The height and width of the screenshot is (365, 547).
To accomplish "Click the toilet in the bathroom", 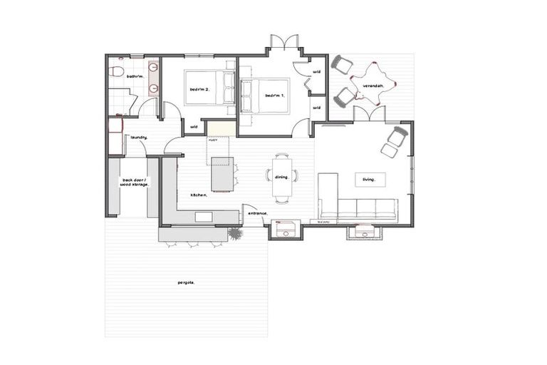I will [x=115, y=71].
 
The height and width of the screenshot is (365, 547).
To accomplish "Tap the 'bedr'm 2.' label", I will [x=199, y=90].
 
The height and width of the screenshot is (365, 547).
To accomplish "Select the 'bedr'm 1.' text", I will [x=274, y=96].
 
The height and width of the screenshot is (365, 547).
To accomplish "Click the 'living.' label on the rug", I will [x=368, y=180].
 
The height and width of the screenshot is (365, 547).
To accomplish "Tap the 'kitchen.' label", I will [x=198, y=195].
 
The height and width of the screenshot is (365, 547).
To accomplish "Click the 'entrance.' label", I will [x=256, y=212].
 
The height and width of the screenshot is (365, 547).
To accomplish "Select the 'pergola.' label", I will [x=187, y=283].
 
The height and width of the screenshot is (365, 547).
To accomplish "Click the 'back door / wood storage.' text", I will [x=135, y=182].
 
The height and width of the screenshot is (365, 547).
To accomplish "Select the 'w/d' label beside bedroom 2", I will [x=194, y=127].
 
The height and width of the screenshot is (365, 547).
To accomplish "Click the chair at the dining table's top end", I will [x=281, y=156].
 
